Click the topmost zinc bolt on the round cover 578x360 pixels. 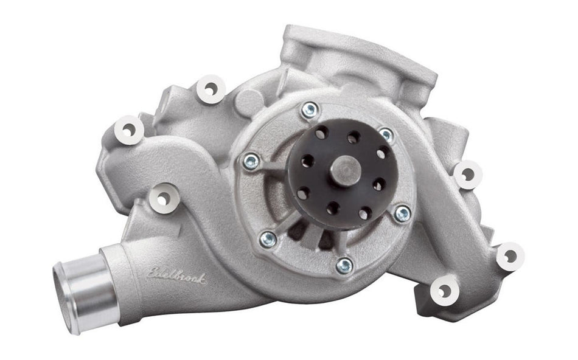(310, 109)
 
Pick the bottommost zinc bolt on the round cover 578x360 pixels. (344, 265)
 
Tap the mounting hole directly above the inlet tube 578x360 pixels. (163, 198)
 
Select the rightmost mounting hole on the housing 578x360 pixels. (509, 256)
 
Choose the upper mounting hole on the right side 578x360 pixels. (467, 175)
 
